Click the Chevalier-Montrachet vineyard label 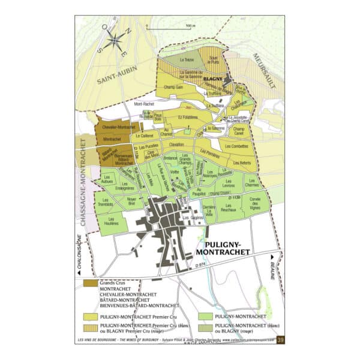click(x=117, y=127)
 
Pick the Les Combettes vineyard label click(x=237, y=146)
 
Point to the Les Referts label click(x=242, y=163)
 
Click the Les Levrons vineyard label click(x=228, y=187)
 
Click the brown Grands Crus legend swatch click(x=91, y=283)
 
